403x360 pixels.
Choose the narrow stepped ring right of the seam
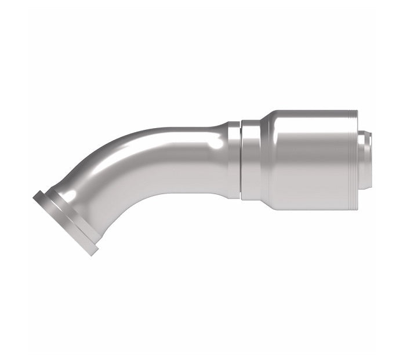point(250,159)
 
